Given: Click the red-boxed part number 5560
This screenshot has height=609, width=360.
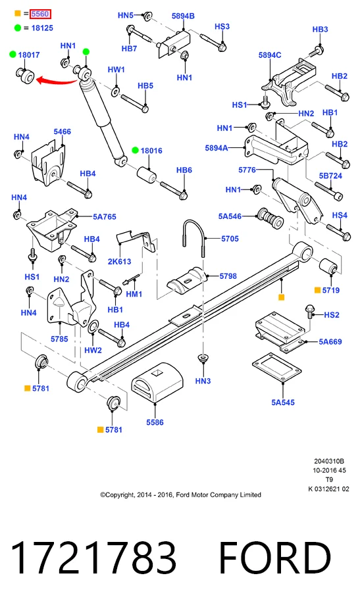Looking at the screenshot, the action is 40,14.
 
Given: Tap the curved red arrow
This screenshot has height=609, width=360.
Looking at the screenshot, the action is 57,82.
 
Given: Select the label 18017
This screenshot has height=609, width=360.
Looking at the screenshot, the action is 29,55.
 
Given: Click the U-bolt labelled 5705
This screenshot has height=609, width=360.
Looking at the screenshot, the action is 193,237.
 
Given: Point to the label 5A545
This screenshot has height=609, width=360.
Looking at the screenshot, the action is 283,402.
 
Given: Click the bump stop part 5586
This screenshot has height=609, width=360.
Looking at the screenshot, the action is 157,383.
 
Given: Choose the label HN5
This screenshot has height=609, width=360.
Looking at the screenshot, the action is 126,15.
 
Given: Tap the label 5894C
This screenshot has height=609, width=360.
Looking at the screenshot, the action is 270,55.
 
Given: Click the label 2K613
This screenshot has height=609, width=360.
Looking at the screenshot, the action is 119,261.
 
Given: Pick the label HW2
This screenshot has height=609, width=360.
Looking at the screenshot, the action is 93,350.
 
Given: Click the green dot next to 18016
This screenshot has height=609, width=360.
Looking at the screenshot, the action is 136,151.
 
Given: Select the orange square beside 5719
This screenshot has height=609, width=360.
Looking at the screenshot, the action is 317,290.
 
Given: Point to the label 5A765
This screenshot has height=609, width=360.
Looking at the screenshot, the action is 104,217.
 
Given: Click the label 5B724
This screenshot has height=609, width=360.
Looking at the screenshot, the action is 330,176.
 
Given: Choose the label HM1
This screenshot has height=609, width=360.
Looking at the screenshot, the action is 134,294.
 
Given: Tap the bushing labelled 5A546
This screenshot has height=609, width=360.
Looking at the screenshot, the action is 270,218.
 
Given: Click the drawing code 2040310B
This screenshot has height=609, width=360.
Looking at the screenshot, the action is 329,462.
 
